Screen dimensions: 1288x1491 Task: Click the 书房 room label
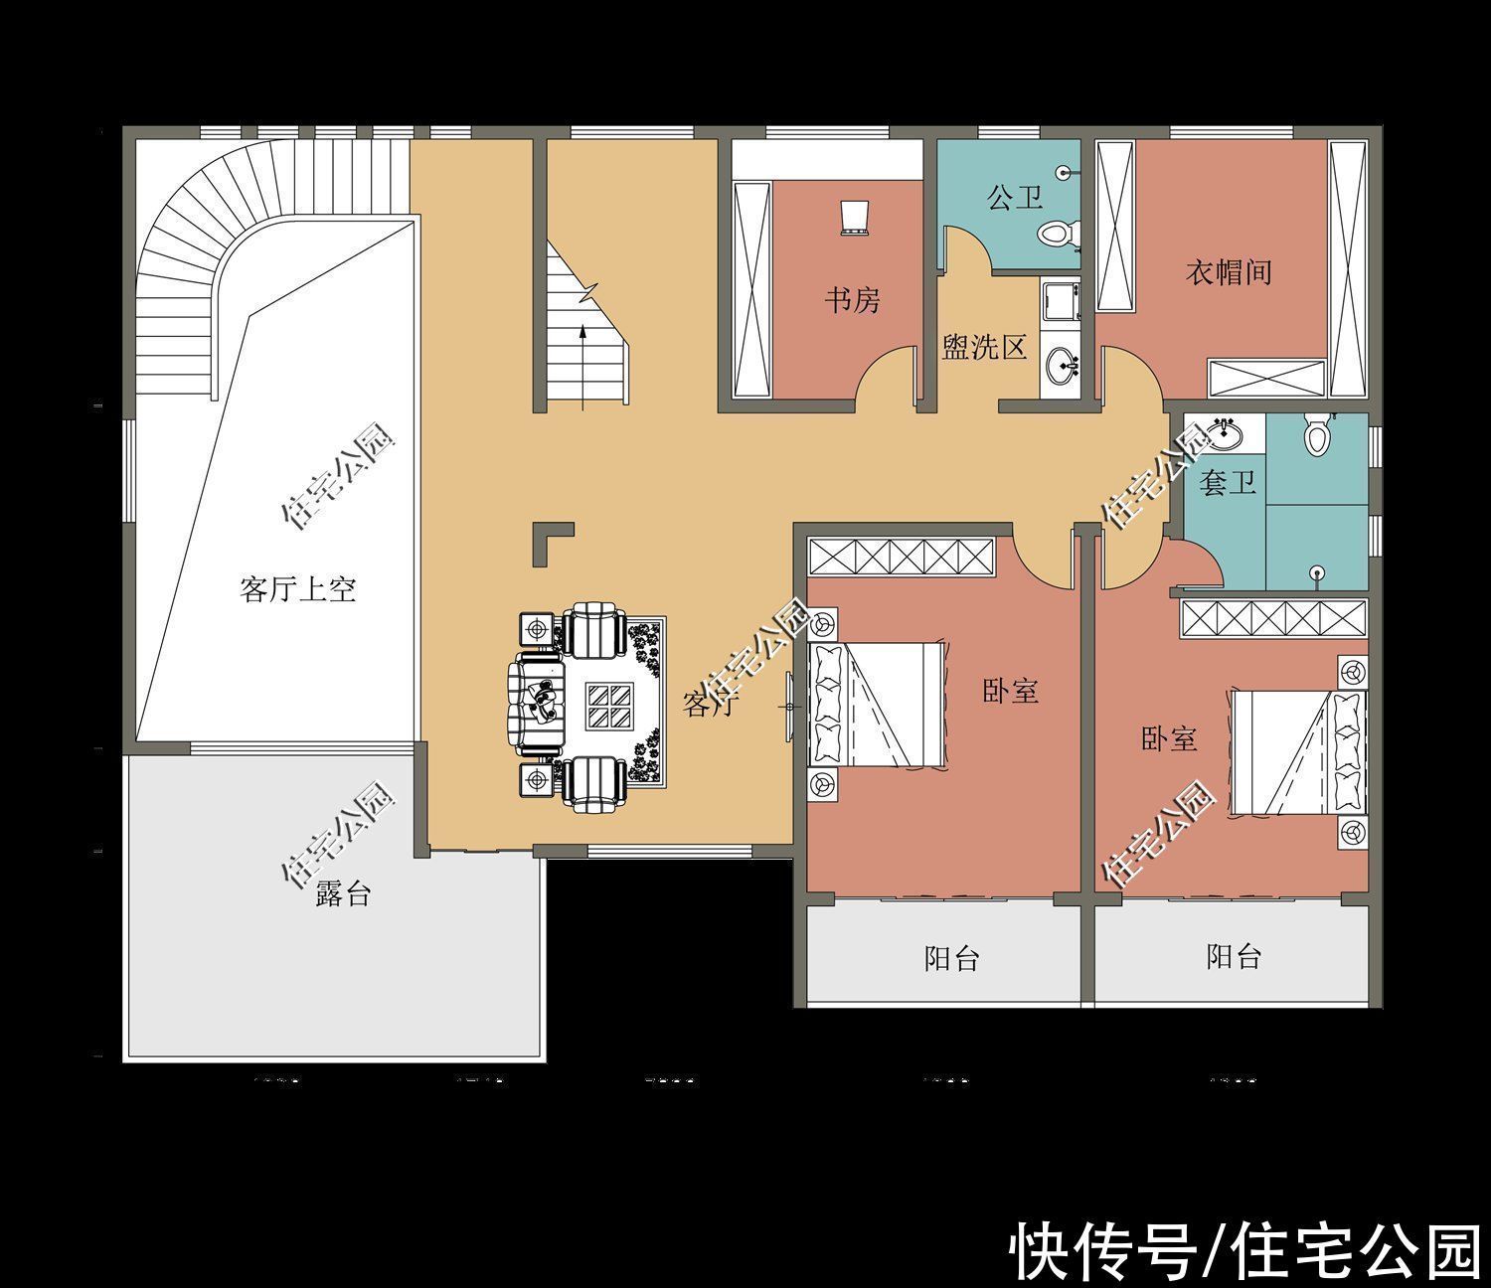852,299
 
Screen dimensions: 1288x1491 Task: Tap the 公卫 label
1015,197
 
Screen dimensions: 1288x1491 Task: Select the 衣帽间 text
1229,271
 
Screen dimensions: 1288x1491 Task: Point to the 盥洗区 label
983,347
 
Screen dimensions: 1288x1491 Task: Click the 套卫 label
1228,483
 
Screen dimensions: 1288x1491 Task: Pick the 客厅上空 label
297,589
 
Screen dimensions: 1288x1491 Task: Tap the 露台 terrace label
343,892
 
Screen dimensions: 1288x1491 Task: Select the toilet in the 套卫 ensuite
1318,435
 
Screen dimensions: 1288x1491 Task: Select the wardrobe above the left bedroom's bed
901,556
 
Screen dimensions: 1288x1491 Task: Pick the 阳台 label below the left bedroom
951,958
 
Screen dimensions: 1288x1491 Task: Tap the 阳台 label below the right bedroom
1234,956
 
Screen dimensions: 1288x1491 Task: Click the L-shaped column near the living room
551,542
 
